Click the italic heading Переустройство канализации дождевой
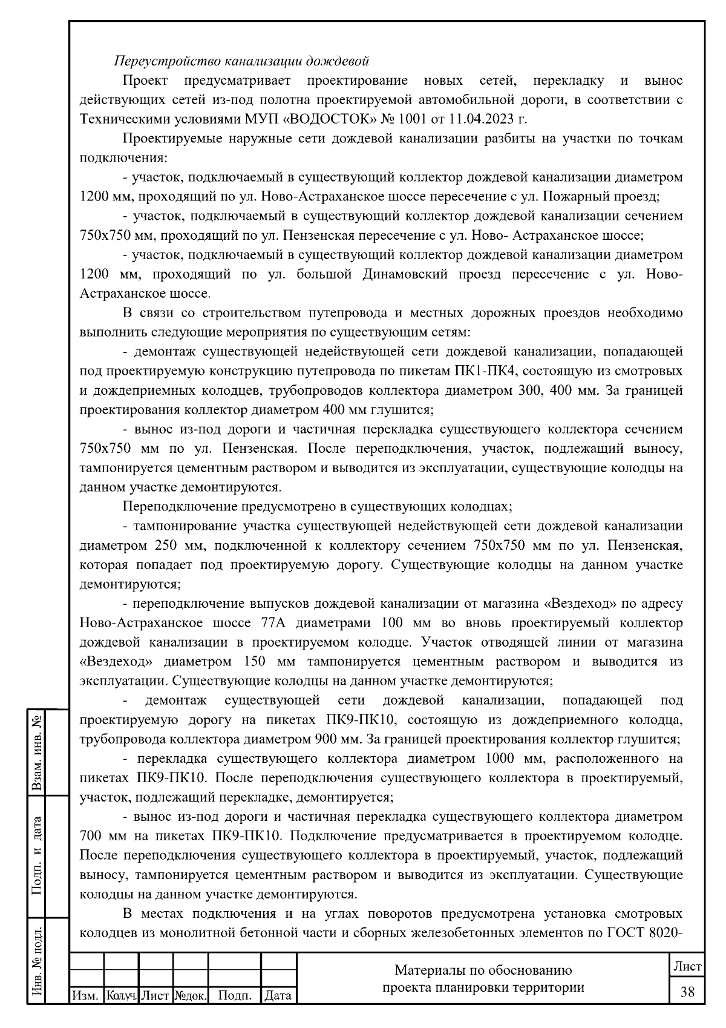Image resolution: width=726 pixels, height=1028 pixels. coord(241,61)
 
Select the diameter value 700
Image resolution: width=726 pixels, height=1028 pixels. coord(91,836)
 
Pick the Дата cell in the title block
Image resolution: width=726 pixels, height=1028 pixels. coord(278,995)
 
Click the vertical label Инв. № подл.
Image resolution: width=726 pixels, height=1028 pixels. coord(38,963)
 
